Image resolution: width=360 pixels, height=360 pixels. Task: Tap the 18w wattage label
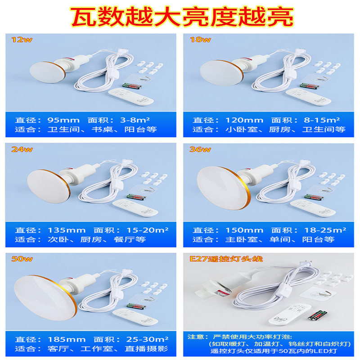[x=200, y=39]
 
